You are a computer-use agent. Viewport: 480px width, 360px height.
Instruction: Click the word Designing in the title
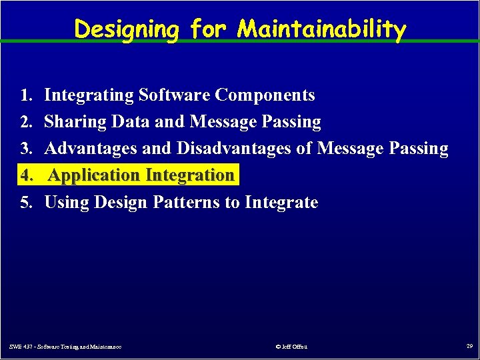coord(126,29)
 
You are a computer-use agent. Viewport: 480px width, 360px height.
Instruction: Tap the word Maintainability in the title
coord(321,29)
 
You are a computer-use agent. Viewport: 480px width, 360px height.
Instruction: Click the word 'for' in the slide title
coord(207,29)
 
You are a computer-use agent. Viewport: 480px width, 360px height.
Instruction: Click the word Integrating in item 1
coord(89,95)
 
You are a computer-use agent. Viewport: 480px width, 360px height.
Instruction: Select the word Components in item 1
coord(265,95)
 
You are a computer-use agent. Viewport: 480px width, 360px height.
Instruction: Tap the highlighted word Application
coord(95,175)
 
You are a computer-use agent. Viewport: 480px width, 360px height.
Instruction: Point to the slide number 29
coord(469,346)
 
